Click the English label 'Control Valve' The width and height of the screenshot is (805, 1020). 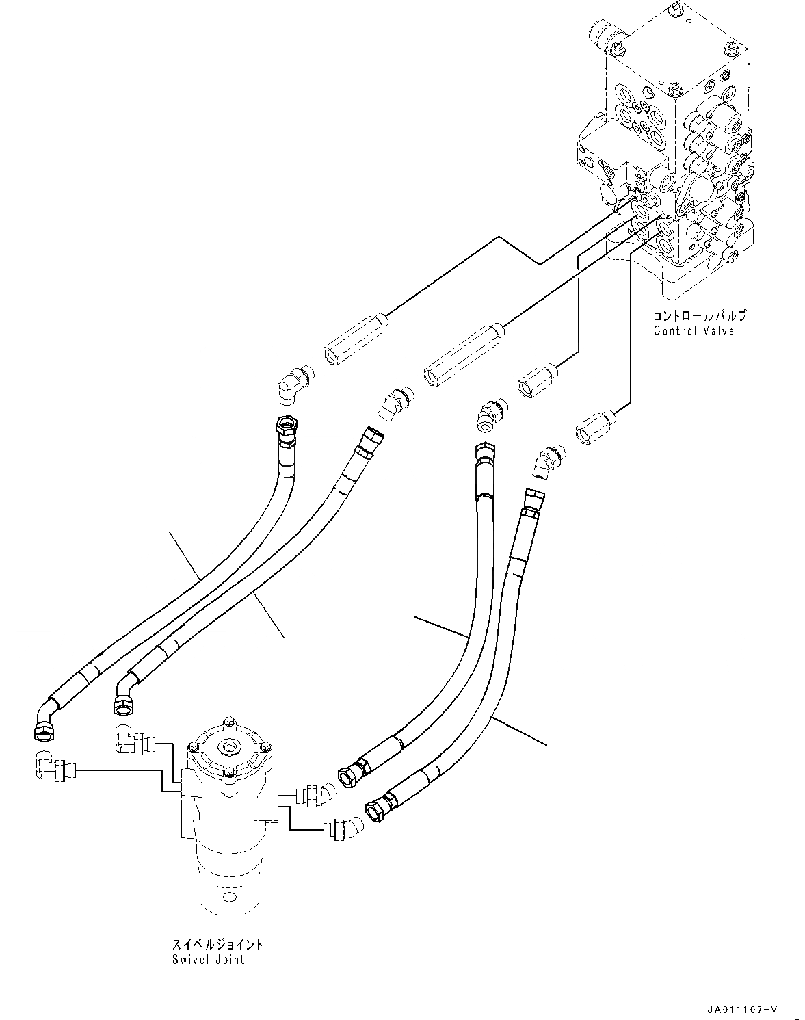click(693, 331)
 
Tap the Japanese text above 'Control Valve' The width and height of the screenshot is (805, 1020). click(699, 316)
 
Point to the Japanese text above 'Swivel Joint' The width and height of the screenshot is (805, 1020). click(217, 944)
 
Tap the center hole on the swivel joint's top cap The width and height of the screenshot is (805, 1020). click(229, 746)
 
